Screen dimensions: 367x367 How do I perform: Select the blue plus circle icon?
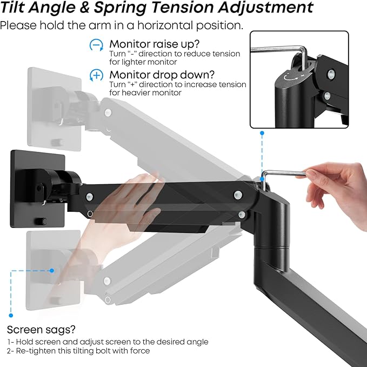point(96,75)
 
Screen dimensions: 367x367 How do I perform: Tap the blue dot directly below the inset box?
point(262,132)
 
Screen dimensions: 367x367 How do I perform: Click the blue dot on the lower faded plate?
point(52,270)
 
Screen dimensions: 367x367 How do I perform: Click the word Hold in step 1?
point(26,342)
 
